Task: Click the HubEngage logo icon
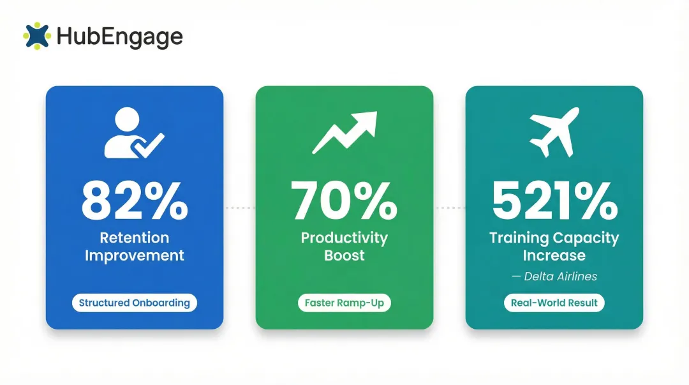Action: pos(36,36)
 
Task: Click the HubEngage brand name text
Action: pos(119,36)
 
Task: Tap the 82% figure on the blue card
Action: pos(135,200)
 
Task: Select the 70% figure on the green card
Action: pos(344,200)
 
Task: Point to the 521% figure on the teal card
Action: pos(554,200)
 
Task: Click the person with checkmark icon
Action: pos(133,133)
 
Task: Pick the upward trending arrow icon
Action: pos(344,133)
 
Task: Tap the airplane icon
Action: pos(554,133)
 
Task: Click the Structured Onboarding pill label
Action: pos(135,303)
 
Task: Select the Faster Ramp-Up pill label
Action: pos(344,303)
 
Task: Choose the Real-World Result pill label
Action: pos(554,303)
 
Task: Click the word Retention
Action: pos(135,238)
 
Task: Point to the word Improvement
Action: pos(135,256)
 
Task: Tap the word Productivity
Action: pos(344,238)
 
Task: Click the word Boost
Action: pos(344,256)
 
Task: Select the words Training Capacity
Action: pos(554,238)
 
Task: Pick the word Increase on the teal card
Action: pos(554,256)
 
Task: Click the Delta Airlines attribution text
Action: pos(554,276)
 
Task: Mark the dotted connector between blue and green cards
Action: pos(239,208)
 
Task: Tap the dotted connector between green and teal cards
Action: pos(449,208)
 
